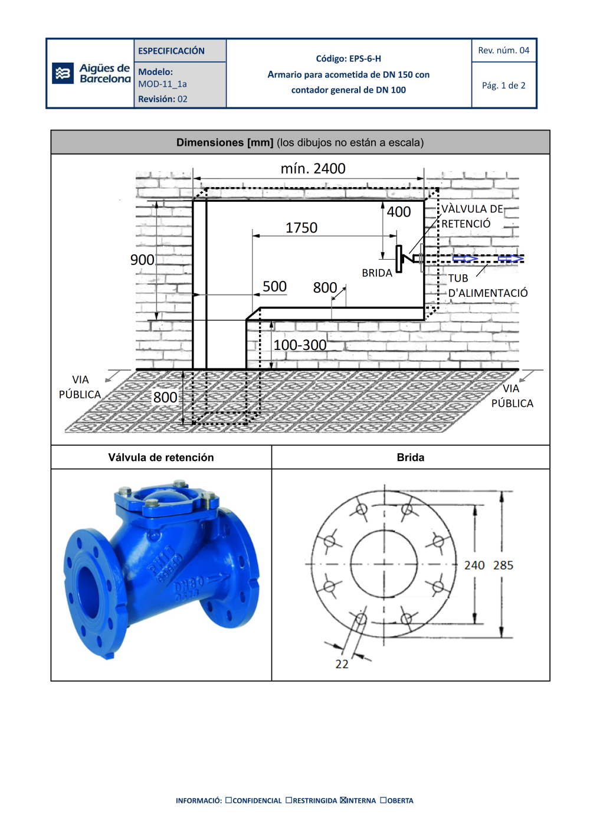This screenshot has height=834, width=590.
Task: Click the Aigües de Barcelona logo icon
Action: point(63,73)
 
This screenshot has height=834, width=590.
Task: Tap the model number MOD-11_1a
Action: point(162,84)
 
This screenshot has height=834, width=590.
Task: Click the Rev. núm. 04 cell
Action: point(504,50)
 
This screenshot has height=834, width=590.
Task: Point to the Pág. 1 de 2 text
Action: point(504,86)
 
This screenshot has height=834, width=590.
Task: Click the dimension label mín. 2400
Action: point(313,169)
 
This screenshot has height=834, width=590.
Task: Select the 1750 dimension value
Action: point(301,228)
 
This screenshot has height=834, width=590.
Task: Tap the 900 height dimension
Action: point(142,260)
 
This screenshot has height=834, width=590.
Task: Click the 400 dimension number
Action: point(399,212)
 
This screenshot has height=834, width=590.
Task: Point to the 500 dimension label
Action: point(274,287)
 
